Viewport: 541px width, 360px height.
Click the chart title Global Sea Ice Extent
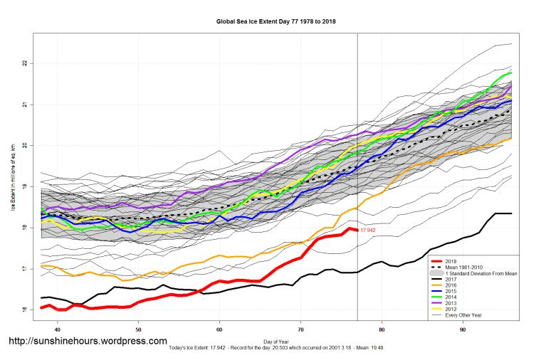[x=275, y=21]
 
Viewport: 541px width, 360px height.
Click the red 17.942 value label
[x=368, y=231]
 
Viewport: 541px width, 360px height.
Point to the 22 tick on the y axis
[x=24, y=63]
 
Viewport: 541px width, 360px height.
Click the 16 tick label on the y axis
[x=24, y=310]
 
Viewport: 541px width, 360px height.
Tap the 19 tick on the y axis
[x=24, y=186]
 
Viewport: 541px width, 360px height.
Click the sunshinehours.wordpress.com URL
[x=88, y=342]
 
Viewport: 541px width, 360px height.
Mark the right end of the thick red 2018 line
[x=357, y=230]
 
